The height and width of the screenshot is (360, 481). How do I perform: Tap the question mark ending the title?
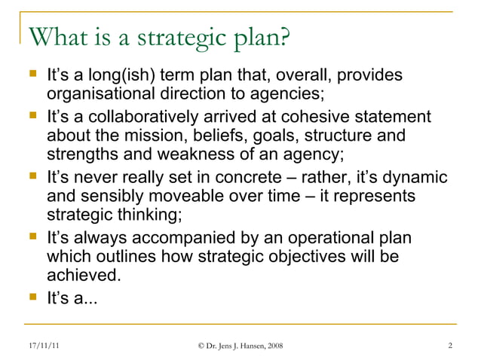tap(285, 37)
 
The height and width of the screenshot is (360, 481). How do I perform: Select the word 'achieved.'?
tap(83, 276)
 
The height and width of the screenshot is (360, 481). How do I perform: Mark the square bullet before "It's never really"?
tap(32, 178)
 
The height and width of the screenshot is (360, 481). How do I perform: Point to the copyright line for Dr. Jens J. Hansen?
tap(240, 346)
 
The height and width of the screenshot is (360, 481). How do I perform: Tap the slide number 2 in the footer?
tap(449, 346)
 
